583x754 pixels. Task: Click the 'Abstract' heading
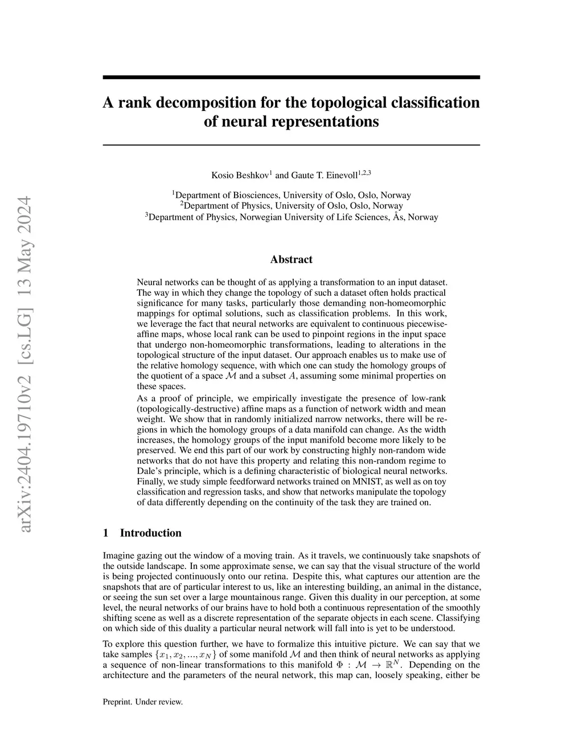tap(291, 259)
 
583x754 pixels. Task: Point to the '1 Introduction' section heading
tap(142, 533)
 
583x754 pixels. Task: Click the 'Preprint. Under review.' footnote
tap(142, 702)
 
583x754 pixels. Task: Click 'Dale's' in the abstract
tap(151, 471)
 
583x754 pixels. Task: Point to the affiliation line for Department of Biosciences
tap(291, 195)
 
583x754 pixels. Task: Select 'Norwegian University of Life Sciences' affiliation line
tap(291, 217)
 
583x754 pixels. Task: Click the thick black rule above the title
tap(291, 77)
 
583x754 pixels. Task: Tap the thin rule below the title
tap(291, 145)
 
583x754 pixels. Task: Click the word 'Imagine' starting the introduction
tap(118, 555)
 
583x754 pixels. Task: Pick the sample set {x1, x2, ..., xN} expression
tap(188, 655)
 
